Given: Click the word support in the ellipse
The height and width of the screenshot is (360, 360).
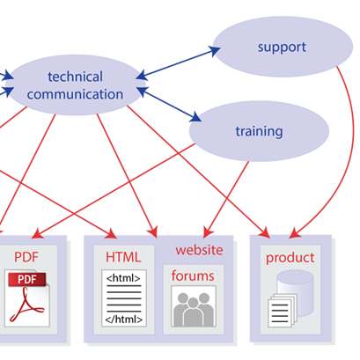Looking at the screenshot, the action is point(282,48).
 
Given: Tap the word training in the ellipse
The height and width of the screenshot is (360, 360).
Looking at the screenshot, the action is point(259,132).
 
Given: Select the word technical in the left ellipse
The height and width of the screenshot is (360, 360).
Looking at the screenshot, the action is point(75,77).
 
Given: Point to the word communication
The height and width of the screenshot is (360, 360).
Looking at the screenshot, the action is point(75,94).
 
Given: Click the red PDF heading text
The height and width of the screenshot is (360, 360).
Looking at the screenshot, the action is point(26,257).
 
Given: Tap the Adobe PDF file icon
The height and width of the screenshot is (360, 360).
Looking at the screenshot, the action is point(27,298).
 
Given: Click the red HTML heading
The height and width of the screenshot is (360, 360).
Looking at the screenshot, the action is point(123,257).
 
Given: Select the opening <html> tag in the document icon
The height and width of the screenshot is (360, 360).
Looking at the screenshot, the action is point(123,278).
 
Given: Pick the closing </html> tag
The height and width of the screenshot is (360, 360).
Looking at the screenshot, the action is point(124,320).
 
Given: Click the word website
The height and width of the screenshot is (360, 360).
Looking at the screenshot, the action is point(199,250).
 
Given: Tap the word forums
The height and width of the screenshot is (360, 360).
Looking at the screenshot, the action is point(193,276).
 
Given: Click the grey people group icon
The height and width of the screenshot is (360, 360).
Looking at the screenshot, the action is point(194,309).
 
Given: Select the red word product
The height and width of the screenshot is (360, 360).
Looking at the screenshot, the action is point(290,258).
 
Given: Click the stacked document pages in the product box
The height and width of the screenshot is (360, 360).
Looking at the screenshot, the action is point(283,312).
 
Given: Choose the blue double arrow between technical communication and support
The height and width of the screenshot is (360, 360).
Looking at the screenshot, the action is point(178,63).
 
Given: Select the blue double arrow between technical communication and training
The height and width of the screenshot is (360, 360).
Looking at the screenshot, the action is point(169,104).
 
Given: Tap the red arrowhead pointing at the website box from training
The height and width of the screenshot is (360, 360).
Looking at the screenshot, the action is point(208,232).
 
